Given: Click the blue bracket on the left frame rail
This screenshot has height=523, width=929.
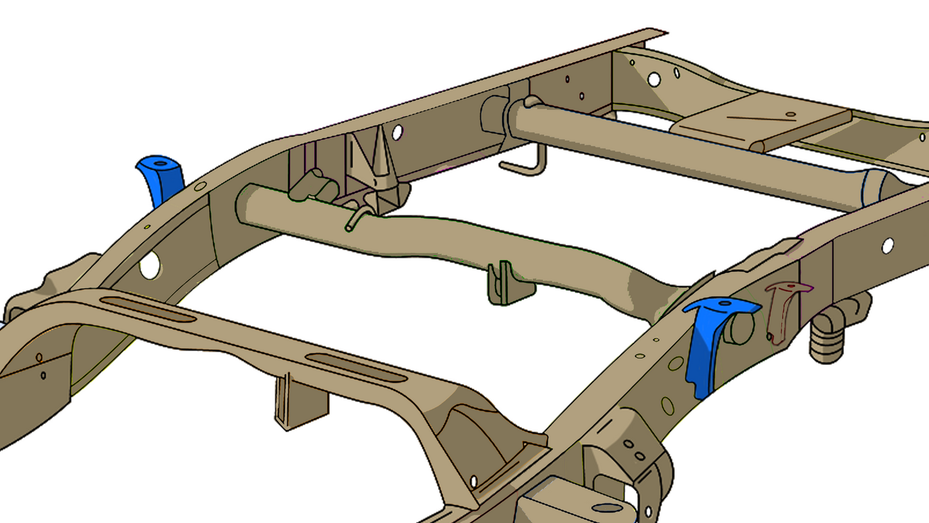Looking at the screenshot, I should (161, 179).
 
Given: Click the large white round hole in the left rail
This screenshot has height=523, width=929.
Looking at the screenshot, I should (150, 265).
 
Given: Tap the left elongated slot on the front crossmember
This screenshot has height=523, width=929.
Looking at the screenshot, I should (149, 309).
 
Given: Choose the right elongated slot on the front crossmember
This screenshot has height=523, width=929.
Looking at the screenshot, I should (356, 367).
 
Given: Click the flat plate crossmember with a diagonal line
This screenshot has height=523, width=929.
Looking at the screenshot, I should (759, 122).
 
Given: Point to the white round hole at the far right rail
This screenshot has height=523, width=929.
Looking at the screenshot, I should (888, 245).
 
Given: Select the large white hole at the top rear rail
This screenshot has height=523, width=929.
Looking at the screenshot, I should (654, 80).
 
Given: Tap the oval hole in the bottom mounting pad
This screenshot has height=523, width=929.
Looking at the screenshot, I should (607, 508).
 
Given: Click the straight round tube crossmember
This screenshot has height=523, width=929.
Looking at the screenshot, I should (681, 154).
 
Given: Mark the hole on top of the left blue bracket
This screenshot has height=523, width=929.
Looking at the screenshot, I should (161, 164).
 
